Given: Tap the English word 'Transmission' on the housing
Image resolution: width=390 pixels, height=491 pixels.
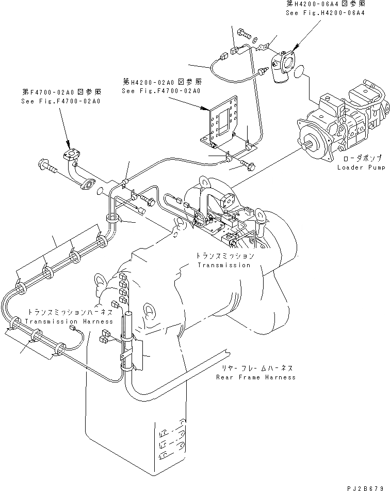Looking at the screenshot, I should [x=223, y=265].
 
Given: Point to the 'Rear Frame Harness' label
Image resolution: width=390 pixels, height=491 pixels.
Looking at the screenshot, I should [x=256, y=377].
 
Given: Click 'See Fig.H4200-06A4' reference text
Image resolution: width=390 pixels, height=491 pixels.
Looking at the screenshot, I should [x=325, y=12].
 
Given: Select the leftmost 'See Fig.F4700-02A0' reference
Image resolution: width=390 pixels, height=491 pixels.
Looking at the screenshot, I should [x=61, y=101].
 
